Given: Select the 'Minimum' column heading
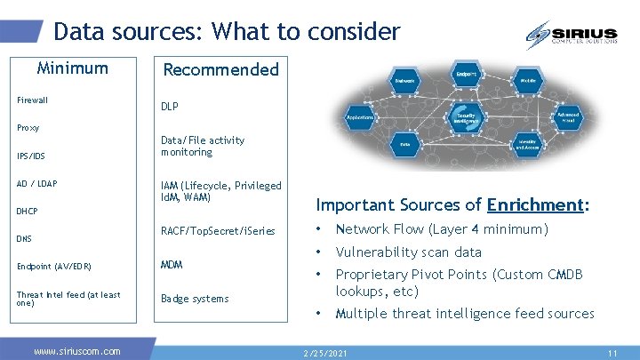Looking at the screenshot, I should click(x=72, y=68).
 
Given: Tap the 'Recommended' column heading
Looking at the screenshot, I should click(x=220, y=69).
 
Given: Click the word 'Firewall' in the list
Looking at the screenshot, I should click(x=32, y=100).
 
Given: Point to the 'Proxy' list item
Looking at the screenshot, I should click(x=28, y=128).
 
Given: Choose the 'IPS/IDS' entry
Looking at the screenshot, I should click(x=30, y=156).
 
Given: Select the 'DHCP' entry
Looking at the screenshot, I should click(x=28, y=212).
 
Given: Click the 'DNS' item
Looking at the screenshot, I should click(x=25, y=239).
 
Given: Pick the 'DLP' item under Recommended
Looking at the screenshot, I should click(x=169, y=106).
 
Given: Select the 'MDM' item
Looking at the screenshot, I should click(x=172, y=265).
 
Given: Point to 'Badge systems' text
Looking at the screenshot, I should click(x=194, y=299).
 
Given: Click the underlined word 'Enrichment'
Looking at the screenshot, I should click(x=533, y=204).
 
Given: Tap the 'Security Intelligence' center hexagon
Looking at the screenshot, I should click(x=466, y=118).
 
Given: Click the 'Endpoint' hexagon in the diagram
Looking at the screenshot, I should click(x=466, y=74).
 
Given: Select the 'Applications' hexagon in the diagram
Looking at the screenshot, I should click(x=361, y=116).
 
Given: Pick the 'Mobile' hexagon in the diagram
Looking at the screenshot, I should click(x=528, y=80).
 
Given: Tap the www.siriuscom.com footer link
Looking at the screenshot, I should click(x=76, y=351).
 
